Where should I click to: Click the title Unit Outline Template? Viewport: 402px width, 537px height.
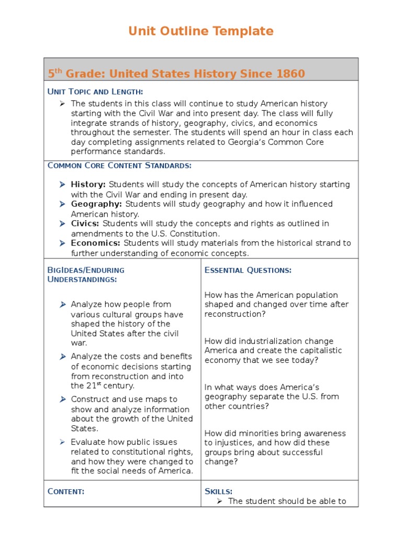[x=201, y=31]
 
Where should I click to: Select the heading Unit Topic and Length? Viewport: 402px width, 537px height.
[x=95, y=92]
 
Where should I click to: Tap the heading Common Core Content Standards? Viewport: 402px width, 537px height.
[x=119, y=166]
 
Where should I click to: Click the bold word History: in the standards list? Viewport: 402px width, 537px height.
[x=88, y=185]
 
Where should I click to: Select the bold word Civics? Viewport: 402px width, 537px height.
[x=85, y=223]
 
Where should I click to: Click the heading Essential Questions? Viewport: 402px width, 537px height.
[x=248, y=270]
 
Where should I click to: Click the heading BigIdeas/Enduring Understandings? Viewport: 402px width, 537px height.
[x=86, y=274]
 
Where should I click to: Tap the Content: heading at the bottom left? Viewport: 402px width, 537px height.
[x=66, y=491]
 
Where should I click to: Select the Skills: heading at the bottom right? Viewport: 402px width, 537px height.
[x=218, y=491]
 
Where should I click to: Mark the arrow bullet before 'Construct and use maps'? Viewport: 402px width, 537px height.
[x=62, y=400]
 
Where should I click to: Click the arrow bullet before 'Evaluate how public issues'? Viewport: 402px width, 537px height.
[x=62, y=442]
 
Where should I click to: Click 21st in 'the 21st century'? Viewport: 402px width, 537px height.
[x=92, y=386]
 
